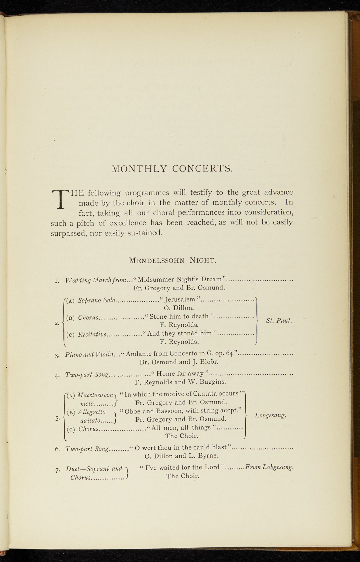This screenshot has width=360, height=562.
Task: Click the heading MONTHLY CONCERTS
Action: [172, 168]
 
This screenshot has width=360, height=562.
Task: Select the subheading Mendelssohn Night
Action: [173, 260]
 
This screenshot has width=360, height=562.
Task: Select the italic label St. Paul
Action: [279, 320]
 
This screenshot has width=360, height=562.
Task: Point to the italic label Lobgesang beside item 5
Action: [270, 415]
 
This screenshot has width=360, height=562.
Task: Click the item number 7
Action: [58, 470]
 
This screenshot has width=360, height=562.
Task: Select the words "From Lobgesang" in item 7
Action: [270, 467]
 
